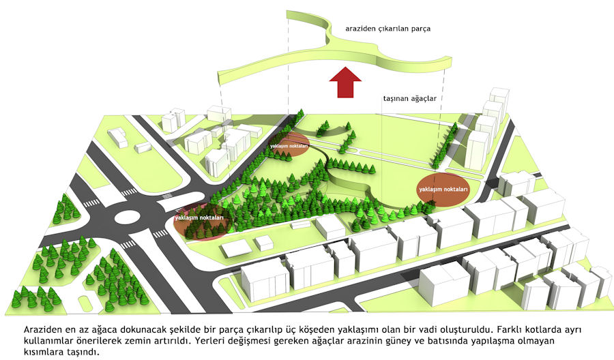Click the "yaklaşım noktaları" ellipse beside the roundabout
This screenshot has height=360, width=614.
[201, 220]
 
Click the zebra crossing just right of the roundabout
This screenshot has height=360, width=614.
[160, 234]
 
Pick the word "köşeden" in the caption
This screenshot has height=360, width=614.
[330, 329]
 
